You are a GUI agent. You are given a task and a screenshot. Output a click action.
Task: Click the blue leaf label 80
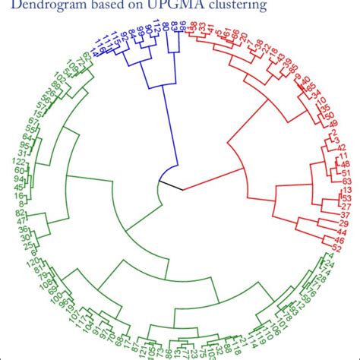[166, 31]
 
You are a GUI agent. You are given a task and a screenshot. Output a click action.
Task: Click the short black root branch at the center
[169, 182]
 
